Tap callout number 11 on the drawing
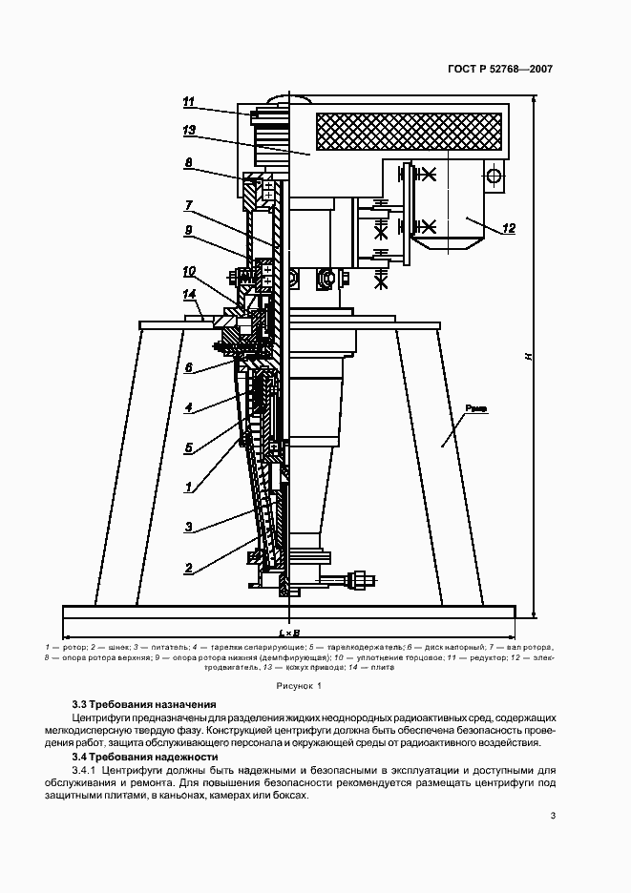point(189,102)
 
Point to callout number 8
point(189,164)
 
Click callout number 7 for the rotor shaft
point(189,205)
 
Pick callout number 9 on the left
point(189,230)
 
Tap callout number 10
point(189,271)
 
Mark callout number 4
point(189,407)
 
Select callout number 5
point(189,447)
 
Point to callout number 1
point(189,487)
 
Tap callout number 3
point(189,527)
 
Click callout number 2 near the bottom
point(189,569)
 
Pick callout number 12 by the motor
point(508,228)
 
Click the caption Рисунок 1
point(299,686)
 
